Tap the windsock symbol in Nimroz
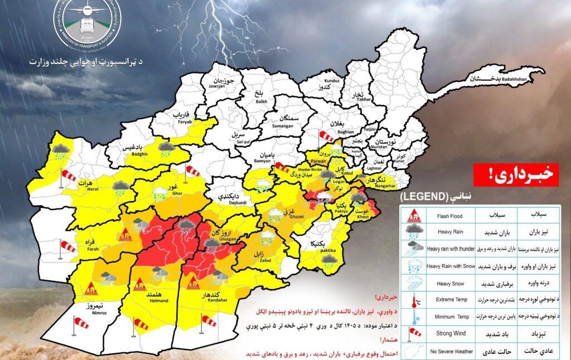coord(81,322)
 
